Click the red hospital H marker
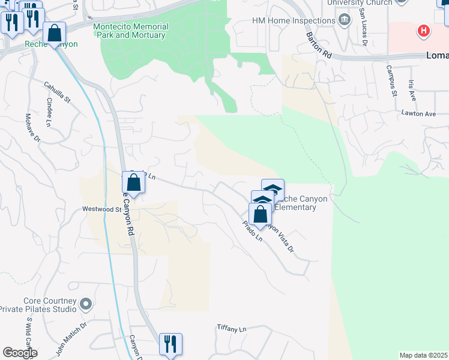tap(424, 30)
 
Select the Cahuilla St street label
tap(57, 92)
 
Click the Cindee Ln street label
tap(48, 115)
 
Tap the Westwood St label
tap(101, 209)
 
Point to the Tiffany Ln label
tap(231, 329)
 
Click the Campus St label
tap(392, 80)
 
